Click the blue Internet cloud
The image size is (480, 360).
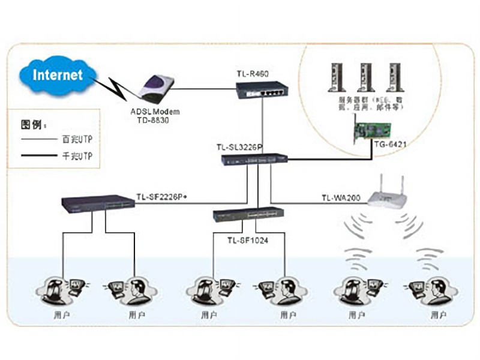[x=57, y=75]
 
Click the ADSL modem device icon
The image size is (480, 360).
[x=157, y=89]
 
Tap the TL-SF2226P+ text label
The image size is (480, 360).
[x=163, y=196]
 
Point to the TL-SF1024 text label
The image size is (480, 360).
[x=248, y=241]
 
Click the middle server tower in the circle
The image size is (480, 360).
[x=363, y=77]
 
